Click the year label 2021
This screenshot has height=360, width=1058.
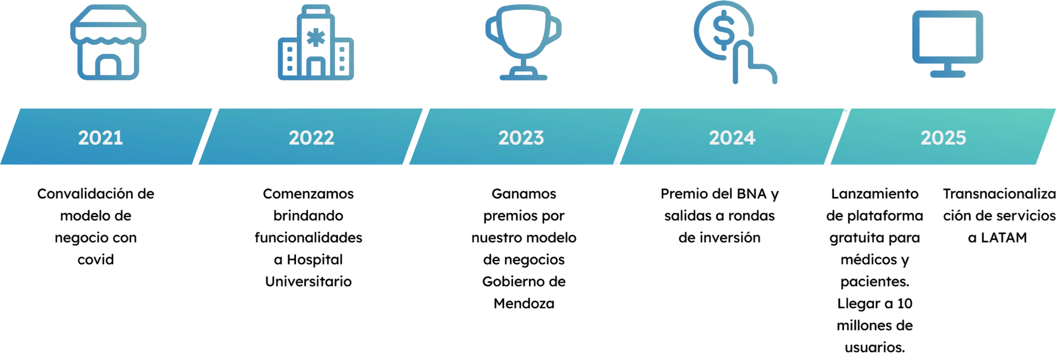pos(101,138)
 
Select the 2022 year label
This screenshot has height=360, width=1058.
pos(311,138)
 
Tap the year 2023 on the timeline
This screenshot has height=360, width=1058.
pos(521,138)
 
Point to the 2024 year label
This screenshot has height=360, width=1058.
pos(732,138)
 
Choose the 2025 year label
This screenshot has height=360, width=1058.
pos(943,138)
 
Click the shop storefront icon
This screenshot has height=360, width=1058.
pos(108,43)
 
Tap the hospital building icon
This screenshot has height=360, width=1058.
pos(316,44)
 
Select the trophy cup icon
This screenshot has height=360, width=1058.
pos(523,44)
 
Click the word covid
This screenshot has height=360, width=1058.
pos(96,259)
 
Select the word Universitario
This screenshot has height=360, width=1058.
pos(308,281)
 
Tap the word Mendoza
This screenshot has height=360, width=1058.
pos(523,304)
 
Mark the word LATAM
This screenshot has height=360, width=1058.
pos(1004,238)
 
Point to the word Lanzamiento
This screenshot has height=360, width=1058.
pos(875,194)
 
